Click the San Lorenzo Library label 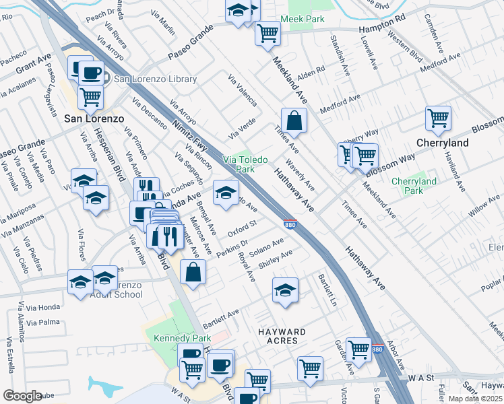coord(155,79)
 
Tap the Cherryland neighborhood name coord(443,143)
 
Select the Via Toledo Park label coord(246,164)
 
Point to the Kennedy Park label coord(173,337)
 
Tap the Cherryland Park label coord(414,186)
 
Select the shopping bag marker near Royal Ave coord(193,273)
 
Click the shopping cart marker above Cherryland coord(438,118)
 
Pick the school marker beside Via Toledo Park coord(226,193)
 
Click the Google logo coord(22,395)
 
